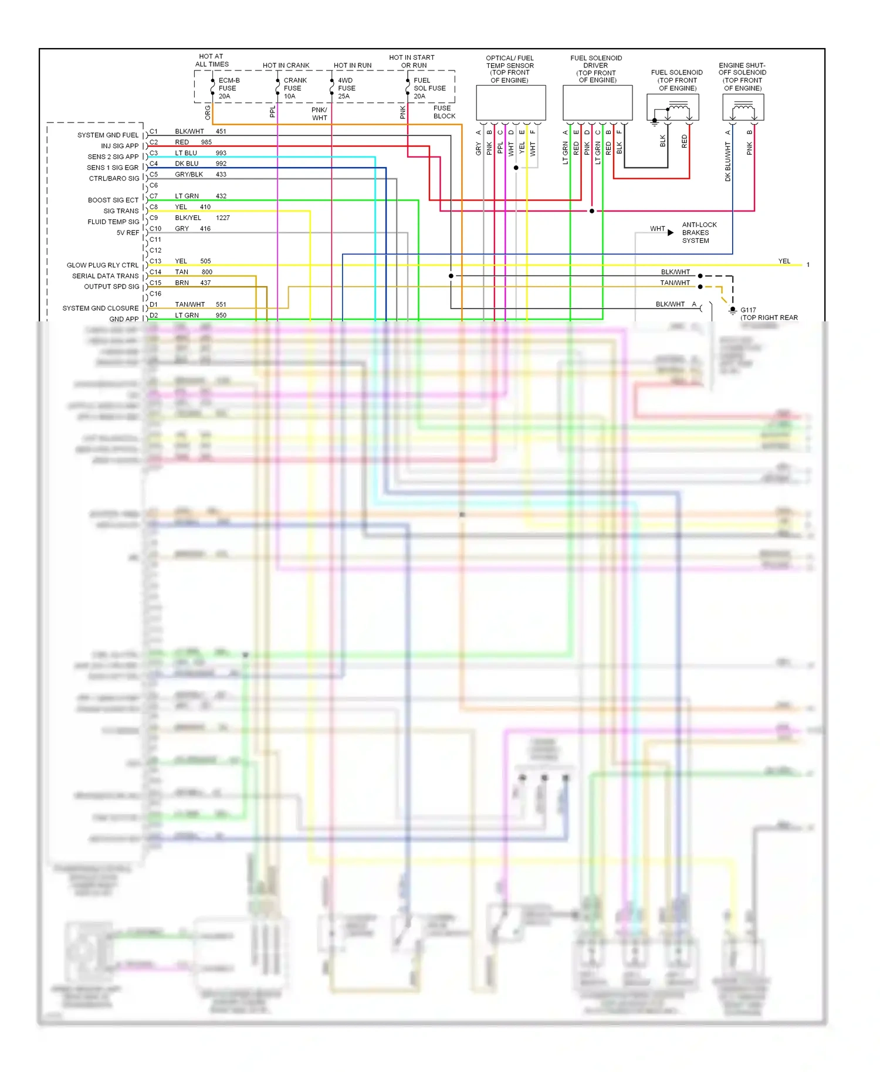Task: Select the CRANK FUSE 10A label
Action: (x=295, y=88)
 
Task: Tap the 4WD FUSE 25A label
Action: (x=346, y=88)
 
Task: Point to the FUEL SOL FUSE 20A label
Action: (x=429, y=88)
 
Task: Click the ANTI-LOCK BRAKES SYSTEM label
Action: (x=699, y=233)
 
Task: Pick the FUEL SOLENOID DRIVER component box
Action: (x=597, y=103)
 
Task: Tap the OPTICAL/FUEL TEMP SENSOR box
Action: (x=510, y=103)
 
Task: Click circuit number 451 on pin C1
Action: (x=221, y=131)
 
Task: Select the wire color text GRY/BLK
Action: (x=189, y=175)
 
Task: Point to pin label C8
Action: (x=154, y=207)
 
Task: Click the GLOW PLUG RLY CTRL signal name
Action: (x=103, y=265)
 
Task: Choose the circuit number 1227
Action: (x=223, y=218)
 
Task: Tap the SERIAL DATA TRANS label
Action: (x=106, y=276)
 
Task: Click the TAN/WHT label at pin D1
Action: (x=189, y=304)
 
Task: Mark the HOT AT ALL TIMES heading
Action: (x=212, y=60)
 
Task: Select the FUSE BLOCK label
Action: (x=444, y=112)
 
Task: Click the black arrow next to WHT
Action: (x=671, y=233)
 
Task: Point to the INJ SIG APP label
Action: (x=120, y=146)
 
